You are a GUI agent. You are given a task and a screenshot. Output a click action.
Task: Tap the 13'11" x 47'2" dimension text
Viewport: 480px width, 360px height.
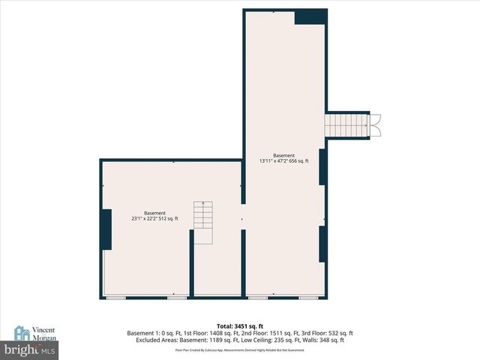(x=284, y=160)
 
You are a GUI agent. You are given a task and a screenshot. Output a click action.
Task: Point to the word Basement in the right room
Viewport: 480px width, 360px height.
(x=284, y=154)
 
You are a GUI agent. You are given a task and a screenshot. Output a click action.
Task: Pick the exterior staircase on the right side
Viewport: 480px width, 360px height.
(x=345, y=125)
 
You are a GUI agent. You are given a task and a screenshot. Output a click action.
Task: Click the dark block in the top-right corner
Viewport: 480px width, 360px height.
(x=310, y=16)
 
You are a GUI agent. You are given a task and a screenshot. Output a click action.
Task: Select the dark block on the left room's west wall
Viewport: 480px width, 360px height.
(x=106, y=229)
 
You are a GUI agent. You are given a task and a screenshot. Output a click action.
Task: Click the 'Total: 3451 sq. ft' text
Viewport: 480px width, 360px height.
(x=239, y=326)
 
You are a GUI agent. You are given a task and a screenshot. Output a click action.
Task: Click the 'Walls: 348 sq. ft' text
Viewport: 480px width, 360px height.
(x=323, y=340)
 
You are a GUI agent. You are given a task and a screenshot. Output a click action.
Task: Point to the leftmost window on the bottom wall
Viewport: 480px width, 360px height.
(x=116, y=298)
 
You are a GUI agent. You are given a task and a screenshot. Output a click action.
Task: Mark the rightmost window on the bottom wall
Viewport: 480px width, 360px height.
(x=308, y=298)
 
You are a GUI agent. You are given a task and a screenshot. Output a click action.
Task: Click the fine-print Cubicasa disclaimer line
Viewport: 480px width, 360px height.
(x=239, y=349)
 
